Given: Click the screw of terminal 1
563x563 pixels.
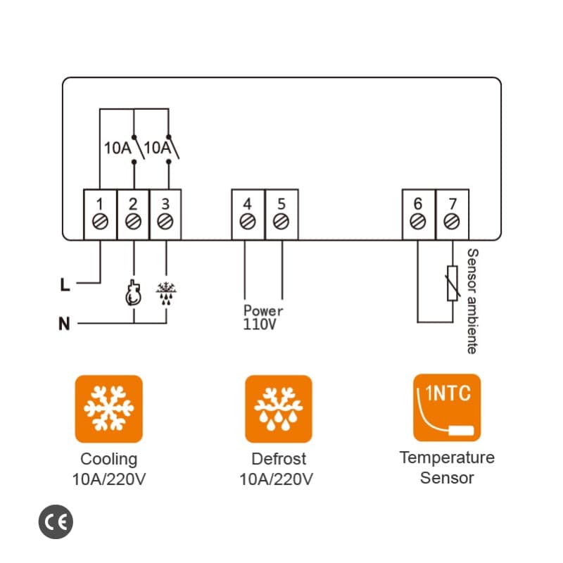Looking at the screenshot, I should pyautogui.click(x=99, y=222).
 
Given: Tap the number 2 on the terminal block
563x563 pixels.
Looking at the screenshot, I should pyautogui.click(x=132, y=204).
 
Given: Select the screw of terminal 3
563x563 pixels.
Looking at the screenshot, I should pyautogui.click(x=165, y=222).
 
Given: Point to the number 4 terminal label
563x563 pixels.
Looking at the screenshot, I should pyautogui.click(x=247, y=204).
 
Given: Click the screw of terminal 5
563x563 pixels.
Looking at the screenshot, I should pyautogui.click(x=281, y=222).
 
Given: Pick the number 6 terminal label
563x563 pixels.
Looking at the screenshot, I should pyautogui.click(x=418, y=204).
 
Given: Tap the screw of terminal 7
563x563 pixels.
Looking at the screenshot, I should pyautogui.click(x=452, y=222).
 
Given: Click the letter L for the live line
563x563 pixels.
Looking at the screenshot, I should pyautogui.click(x=65, y=285).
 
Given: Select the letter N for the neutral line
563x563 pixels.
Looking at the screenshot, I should pyautogui.click(x=64, y=324).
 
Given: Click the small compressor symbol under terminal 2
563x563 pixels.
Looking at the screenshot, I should pyautogui.click(x=132, y=294).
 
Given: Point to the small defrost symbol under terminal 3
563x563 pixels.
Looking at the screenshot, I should pyautogui.click(x=166, y=292).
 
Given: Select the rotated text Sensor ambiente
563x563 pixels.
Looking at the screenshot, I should pyautogui.click(x=472, y=301).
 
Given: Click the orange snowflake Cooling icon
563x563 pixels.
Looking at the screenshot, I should pyautogui.click(x=108, y=408).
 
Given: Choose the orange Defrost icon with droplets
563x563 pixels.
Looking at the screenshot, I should pyautogui.click(x=279, y=408).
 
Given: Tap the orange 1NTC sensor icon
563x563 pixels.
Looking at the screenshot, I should pyautogui.click(x=447, y=407).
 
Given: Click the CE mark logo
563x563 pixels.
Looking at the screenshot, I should pyautogui.click(x=56, y=521).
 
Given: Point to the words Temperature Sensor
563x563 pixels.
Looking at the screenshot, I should pyautogui.click(x=447, y=468).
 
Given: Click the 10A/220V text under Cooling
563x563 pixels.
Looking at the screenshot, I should pyautogui.click(x=108, y=480).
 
